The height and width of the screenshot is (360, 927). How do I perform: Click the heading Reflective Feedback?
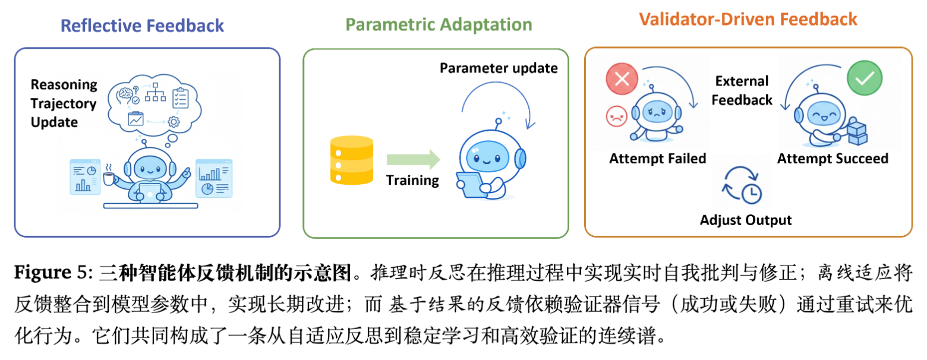(x=143, y=26)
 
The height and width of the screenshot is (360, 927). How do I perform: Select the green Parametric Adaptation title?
(x=439, y=24)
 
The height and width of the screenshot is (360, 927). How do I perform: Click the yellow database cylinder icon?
(x=351, y=160)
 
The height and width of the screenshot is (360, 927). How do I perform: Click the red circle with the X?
(x=622, y=79)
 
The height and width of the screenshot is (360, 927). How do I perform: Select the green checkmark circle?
(x=865, y=78)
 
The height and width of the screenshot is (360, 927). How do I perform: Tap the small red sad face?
(x=613, y=116)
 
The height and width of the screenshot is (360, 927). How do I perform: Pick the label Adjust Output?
(x=746, y=220)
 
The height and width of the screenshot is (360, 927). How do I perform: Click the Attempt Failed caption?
(x=658, y=159)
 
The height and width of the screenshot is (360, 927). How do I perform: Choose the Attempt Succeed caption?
(x=833, y=159)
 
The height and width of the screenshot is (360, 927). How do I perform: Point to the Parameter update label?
(x=499, y=68)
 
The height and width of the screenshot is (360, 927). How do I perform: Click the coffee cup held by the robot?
(x=110, y=177)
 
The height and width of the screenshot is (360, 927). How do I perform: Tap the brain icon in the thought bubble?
(x=125, y=94)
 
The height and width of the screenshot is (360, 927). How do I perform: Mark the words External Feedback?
(x=742, y=90)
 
